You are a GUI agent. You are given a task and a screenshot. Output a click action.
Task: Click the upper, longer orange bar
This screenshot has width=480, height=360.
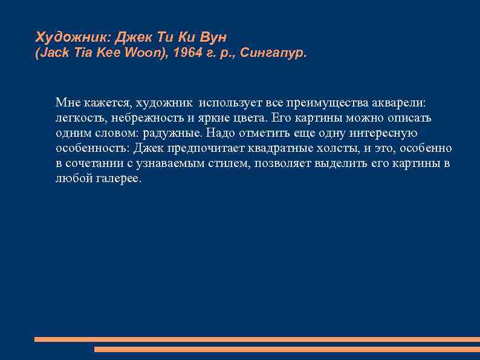coord(257,339)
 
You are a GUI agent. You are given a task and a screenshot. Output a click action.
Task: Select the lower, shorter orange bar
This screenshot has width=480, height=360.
coord(287,349)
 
